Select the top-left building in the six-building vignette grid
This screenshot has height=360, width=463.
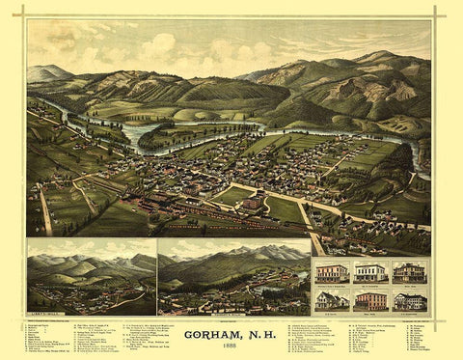(x=333, y=271)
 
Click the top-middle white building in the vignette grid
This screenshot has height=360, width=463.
(x=370, y=271)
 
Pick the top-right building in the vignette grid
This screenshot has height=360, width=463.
(x=409, y=271)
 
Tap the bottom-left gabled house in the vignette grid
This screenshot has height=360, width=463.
(x=333, y=300)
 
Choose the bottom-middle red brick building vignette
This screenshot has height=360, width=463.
(x=370, y=300)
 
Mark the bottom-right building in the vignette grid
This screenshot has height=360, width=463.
(x=409, y=300)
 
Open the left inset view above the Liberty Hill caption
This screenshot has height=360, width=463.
(x=92, y=280)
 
